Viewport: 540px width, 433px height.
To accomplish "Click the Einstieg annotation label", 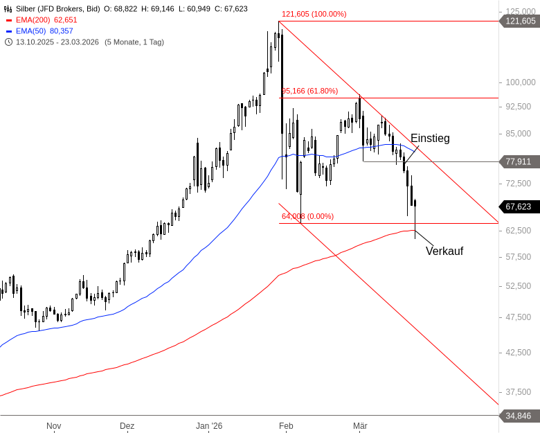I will point(430,139).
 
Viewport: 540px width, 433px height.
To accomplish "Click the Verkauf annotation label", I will point(444,251).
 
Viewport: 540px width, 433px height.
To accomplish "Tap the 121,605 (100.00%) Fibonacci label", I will point(314,14).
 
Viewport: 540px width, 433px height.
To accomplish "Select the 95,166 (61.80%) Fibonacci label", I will point(309,91).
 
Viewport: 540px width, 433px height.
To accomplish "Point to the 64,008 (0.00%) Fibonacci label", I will point(307,216).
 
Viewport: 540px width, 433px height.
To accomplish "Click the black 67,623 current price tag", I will point(519,206).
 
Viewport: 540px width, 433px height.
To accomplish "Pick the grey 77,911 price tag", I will point(519,161).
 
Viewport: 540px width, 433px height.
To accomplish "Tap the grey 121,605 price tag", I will point(521,21).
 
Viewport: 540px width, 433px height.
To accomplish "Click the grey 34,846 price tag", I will point(519,416).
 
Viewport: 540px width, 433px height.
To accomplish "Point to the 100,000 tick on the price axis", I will point(519,82).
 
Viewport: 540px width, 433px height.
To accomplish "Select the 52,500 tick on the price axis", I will point(519,285).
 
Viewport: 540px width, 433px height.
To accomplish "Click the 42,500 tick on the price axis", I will point(519,352).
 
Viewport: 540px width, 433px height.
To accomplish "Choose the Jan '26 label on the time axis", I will point(209,426).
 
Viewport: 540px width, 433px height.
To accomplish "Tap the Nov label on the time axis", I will point(54,426).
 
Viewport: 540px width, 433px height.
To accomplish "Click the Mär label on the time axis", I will point(360,426).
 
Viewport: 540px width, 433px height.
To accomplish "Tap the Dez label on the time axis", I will point(127,426).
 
